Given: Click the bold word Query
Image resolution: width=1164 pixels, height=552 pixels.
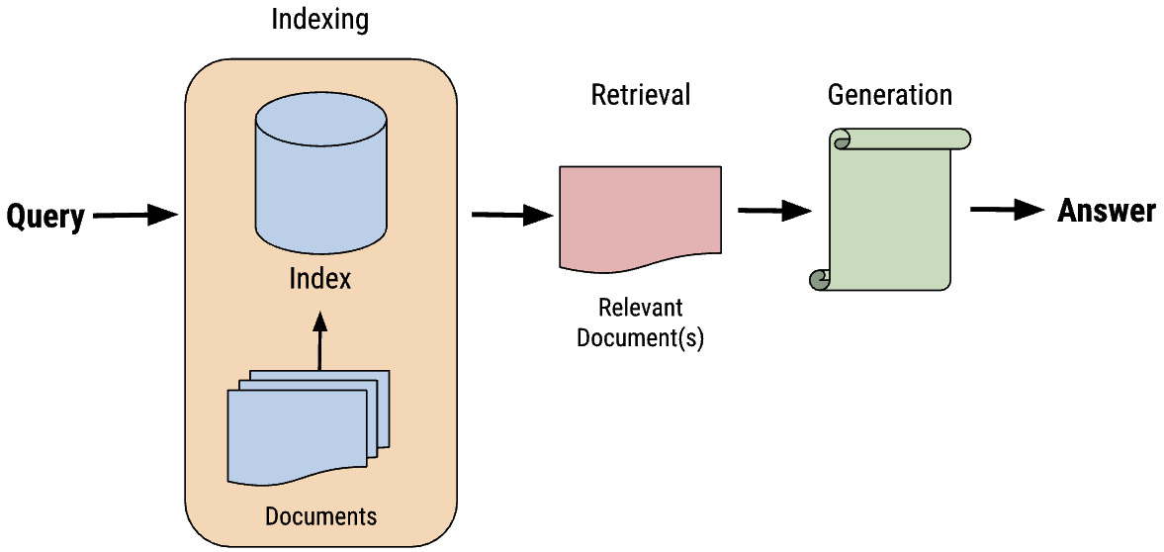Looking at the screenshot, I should coord(45,216).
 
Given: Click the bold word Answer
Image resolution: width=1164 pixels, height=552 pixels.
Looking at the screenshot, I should coord(1106,211).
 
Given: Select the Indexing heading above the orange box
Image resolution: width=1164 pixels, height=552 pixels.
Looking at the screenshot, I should coord(319,21).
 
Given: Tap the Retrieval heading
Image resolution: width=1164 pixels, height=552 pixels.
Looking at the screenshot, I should coord(640,95).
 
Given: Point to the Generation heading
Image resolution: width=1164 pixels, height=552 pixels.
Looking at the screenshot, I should coord(889,95).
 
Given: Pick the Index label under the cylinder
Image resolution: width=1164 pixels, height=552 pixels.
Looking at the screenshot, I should coord(319,279).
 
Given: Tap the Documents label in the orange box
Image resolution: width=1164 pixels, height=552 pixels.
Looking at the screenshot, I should coord(320,516).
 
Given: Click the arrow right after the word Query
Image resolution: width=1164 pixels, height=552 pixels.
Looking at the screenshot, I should coord(134,215).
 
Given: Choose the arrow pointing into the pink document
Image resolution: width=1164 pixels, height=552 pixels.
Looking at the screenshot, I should coord(511,215).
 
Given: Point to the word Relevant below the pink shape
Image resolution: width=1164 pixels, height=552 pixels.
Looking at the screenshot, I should coord(640,308).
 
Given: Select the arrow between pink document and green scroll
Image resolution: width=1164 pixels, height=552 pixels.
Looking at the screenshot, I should coord(774,210).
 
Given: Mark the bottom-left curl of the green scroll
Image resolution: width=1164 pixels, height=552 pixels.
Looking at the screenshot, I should coord(820,280).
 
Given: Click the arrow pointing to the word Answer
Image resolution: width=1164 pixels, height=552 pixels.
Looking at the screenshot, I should coord(1007,210).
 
